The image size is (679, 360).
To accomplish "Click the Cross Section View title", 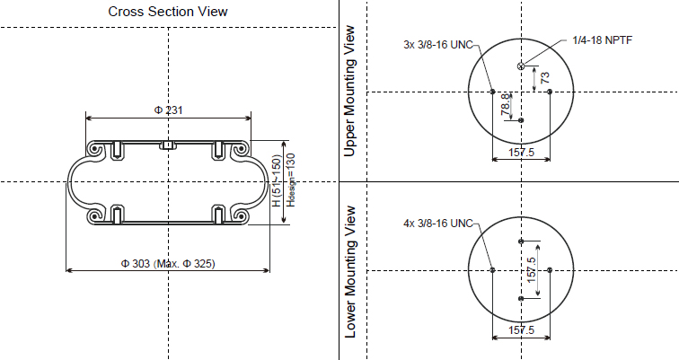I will point(168,12).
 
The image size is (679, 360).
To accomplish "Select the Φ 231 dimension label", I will point(168,110).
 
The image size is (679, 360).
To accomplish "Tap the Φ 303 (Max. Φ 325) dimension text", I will point(168,263).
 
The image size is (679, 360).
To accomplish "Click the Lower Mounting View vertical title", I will point(350,272).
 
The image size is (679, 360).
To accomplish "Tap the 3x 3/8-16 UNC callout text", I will point(436,44).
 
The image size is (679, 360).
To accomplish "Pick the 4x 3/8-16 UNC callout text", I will point(436,222).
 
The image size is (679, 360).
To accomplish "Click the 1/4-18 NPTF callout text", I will point(601,41).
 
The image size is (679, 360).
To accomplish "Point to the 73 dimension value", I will point(544,78).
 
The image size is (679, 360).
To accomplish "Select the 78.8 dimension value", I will point(506,102).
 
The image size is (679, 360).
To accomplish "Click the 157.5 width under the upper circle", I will point(521,154).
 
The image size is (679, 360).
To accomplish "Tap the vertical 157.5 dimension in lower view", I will point(532,270).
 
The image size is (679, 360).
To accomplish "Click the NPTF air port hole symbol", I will point(521,66).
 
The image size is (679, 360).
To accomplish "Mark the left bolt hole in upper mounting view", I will point(492,91).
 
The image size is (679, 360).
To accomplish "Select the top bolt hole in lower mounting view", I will point(521,241).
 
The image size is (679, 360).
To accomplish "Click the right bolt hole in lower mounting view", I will point(549,269).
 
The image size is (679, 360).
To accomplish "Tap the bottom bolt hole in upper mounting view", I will point(521,119).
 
